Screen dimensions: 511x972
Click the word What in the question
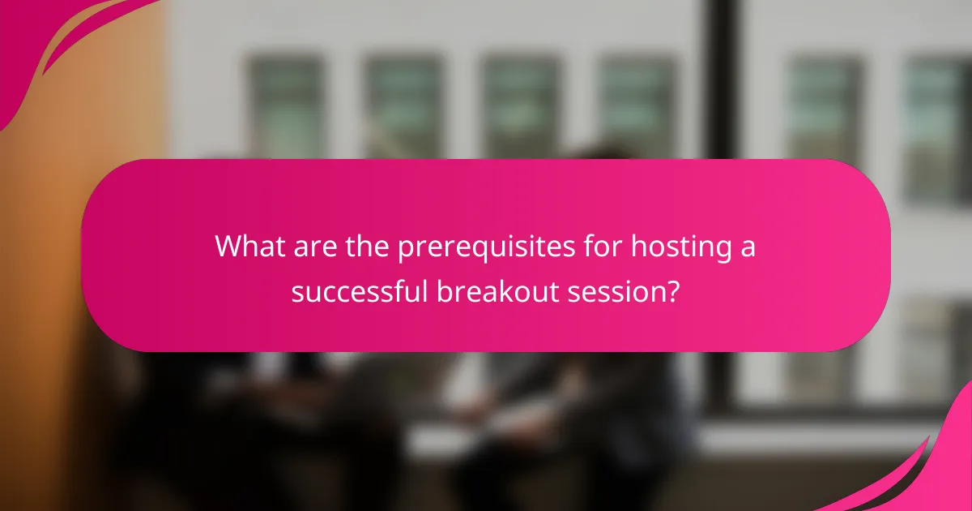point(247,247)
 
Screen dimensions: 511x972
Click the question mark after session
point(671,290)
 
